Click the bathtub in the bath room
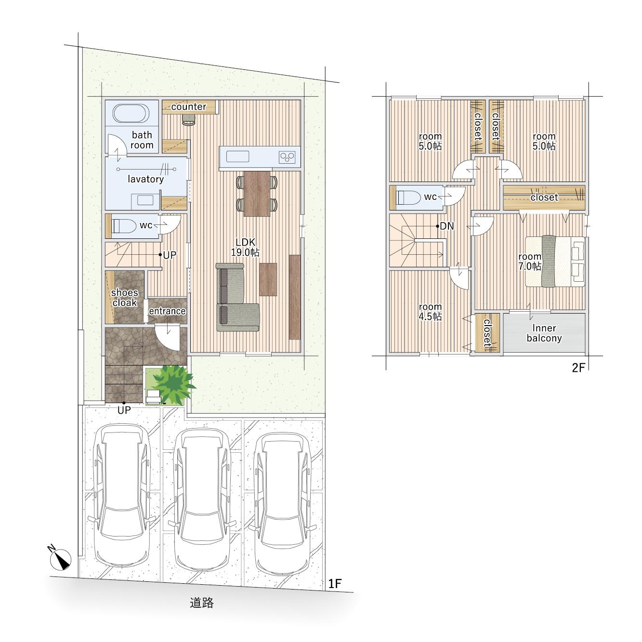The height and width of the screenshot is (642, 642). coord(131,114)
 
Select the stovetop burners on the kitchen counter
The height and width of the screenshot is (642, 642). coord(287,157)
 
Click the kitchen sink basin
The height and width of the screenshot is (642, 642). coord(237,156)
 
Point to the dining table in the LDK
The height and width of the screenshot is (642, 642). coord(257,194)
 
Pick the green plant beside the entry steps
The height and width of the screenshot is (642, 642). coord(173,384)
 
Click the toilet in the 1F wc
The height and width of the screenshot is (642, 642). coord(124,225)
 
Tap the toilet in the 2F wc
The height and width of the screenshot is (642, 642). coord(409,197)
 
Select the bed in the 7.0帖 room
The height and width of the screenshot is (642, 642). coord(555,261)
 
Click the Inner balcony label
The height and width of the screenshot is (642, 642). coord(544,333)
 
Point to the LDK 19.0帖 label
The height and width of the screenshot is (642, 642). coord(245,247)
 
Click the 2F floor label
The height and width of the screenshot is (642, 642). coord(578,368)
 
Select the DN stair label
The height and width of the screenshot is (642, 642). coord(447,226)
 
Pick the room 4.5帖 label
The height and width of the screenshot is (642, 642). coord(430,312)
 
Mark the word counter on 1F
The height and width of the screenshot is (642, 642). coord(189,106)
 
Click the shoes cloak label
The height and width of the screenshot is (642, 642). coord(125,298)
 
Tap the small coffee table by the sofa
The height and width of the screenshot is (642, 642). coord(268,279)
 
